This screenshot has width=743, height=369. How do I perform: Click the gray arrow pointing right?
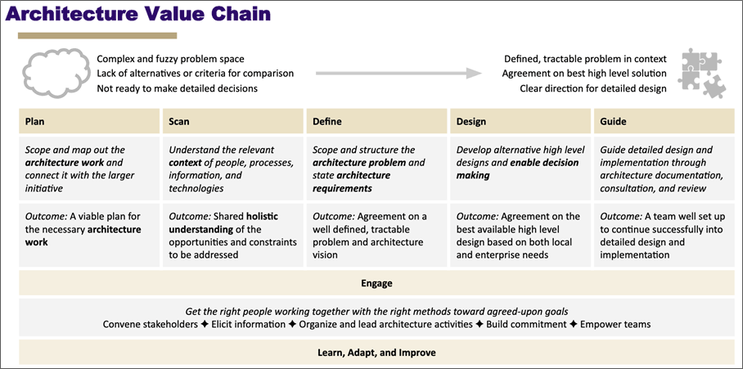point(398,74)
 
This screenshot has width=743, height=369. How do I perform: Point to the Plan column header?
point(35,122)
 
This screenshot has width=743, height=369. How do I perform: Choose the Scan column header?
point(178,122)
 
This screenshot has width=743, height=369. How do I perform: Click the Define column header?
point(327,122)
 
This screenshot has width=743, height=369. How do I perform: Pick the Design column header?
point(471,122)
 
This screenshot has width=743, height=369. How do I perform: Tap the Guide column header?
point(613,122)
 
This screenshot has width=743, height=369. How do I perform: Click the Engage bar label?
point(376,284)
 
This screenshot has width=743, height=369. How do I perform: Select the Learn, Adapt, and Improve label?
point(376,353)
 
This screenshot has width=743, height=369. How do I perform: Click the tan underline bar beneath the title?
point(97,35)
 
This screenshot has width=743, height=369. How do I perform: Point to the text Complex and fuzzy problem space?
point(170,59)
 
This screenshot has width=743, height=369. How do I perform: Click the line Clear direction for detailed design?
point(593,88)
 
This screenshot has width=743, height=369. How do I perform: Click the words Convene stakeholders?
point(151,324)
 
